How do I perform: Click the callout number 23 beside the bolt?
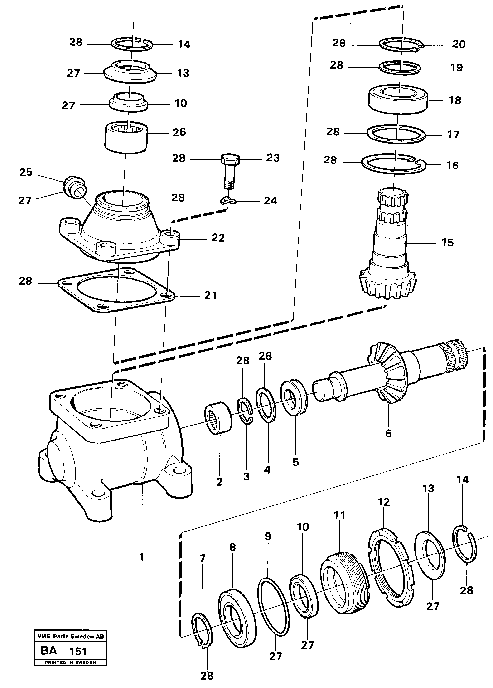[272, 158]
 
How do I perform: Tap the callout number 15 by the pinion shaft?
[447, 243]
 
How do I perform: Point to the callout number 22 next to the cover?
[218, 238]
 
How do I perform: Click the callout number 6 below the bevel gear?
[388, 434]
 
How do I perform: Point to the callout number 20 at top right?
[459, 45]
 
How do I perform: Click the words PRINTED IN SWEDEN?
[70, 663]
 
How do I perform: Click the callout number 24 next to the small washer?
[270, 201]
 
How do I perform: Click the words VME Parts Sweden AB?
[70, 636]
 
